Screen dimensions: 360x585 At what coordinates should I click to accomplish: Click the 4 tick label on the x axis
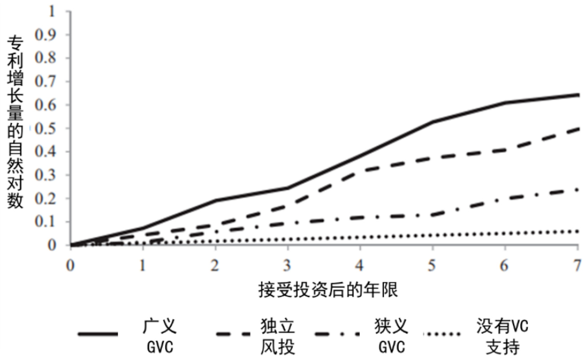(360, 266)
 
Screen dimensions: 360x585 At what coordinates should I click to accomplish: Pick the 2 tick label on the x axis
(215, 266)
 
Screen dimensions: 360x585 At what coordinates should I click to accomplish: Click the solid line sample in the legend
(97, 334)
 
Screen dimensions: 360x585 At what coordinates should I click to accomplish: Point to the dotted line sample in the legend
(442, 334)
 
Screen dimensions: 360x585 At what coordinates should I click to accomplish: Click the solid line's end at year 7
(578, 95)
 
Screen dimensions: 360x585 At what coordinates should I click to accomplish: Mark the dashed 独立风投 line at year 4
(360, 169)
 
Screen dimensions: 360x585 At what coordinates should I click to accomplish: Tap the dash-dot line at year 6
(505, 198)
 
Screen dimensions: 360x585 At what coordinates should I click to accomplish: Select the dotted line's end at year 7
(578, 231)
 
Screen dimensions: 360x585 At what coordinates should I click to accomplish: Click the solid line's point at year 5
(433, 122)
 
